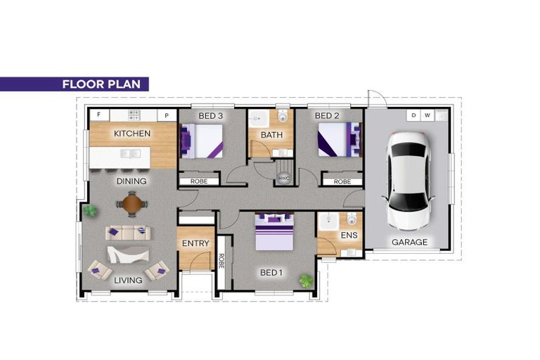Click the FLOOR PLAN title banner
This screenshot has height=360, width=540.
[74, 84]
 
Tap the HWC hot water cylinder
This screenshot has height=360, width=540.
[284, 178]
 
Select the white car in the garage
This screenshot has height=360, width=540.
[409, 181]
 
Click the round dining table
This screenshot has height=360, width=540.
[132, 205]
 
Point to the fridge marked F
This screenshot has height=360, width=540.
[99, 115]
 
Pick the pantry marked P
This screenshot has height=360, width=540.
[167, 115]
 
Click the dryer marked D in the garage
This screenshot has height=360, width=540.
[413, 115]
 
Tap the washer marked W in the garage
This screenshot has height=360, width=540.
[427, 115]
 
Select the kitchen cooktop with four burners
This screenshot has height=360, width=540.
[134, 115]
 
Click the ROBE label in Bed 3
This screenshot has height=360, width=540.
[199, 181]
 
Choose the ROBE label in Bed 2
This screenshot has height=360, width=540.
[342, 181]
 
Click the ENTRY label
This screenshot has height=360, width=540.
[195, 243]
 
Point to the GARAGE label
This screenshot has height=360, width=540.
[409, 242]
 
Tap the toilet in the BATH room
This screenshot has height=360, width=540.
[283, 117]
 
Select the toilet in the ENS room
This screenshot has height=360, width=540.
[352, 219]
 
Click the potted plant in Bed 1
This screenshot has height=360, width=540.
[306, 281]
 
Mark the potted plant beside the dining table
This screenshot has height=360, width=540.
[90, 210]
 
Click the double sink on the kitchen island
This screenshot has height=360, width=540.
[131, 154]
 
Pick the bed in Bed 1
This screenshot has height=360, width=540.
[274, 232]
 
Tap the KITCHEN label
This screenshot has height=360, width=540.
[132, 134]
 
